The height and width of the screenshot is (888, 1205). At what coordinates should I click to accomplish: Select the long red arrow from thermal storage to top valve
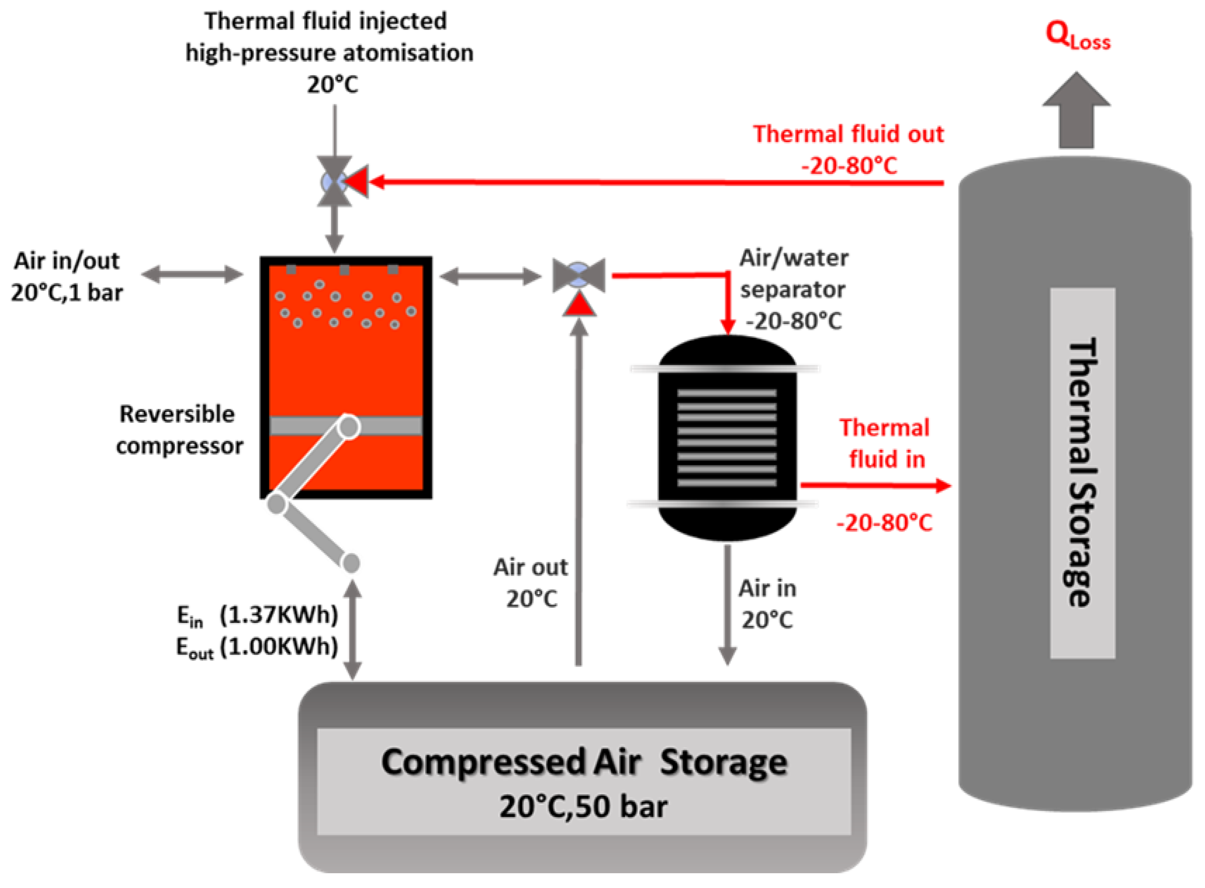pyautogui.click(x=645, y=183)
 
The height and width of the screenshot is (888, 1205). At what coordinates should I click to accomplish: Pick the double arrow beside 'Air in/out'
pyautogui.click(x=192, y=274)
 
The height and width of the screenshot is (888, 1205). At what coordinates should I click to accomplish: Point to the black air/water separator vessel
pyautogui.click(x=727, y=438)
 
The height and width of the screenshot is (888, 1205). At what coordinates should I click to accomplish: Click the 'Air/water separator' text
pyautogui.click(x=793, y=274)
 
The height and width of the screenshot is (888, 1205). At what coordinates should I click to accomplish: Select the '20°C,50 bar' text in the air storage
pyautogui.click(x=583, y=806)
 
